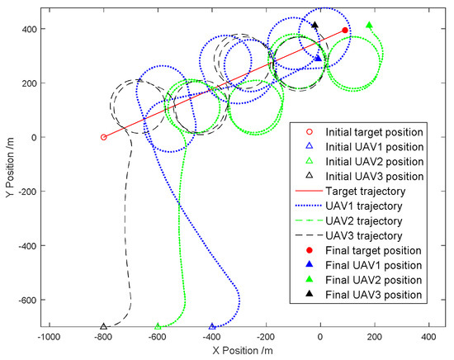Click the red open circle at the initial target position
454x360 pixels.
pos(103,137)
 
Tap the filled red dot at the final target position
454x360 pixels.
pos(345,31)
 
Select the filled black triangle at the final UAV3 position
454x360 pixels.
pos(314,25)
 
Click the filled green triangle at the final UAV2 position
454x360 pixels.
pos(369,26)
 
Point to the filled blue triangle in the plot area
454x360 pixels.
pos(319,58)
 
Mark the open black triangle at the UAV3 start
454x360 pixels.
pos(103,327)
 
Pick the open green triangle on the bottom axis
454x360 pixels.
pos(158,327)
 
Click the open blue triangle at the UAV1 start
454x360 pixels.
pos(212,327)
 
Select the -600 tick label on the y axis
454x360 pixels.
pos(26,300)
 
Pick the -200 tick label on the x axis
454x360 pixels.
pos(265,338)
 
